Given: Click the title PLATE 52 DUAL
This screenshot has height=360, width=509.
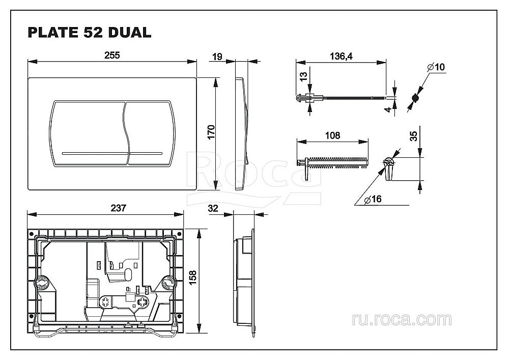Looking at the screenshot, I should click(89, 33).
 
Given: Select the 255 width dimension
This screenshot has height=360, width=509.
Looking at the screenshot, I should click(112, 56).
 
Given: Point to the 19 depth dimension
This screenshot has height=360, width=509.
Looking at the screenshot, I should click(216, 57).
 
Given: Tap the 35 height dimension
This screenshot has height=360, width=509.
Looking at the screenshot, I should click(413, 135).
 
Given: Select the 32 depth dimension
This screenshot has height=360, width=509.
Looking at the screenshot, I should click(214, 208).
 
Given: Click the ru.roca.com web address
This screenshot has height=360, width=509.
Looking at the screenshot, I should click(402, 319).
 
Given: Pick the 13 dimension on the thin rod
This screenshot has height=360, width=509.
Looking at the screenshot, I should click(304, 77).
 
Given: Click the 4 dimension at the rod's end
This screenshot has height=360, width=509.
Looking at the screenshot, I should click(388, 108).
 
